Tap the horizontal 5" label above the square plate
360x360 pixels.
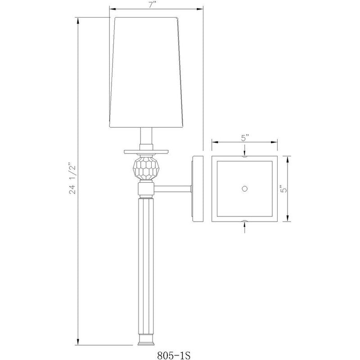click(x=244, y=139)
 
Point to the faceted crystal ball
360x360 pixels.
click(x=146, y=168)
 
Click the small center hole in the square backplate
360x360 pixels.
click(x=244, y=189)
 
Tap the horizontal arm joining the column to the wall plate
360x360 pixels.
click(x=173, y=188)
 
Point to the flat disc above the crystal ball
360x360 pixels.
click(x=146, y=151)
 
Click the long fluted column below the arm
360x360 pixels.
click(x=146, y=265)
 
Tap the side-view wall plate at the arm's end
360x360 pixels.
click(x=196, y=189)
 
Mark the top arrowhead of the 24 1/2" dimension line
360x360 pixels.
click(x=79, y=20)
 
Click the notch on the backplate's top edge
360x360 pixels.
click(x=244, y=157)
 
